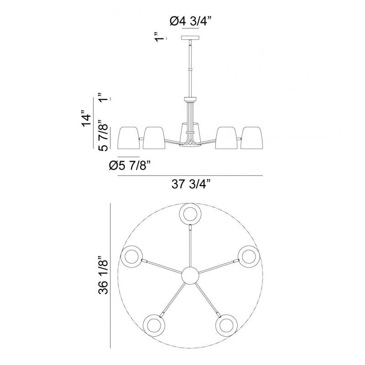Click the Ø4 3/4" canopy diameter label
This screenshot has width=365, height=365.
190,21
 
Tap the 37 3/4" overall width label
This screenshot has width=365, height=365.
191,184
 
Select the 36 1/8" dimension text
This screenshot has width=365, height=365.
104,275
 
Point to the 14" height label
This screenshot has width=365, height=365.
86,118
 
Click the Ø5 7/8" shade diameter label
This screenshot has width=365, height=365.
130,166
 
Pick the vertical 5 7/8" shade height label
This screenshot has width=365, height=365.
104,136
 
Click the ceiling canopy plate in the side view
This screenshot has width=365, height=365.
190,37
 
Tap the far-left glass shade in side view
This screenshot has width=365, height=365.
130,138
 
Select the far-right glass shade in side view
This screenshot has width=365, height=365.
252,138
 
